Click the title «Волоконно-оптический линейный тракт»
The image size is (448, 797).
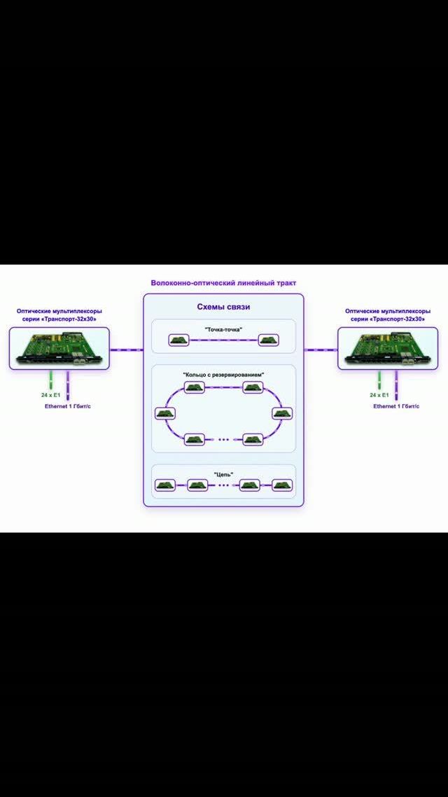(x=223, y=283)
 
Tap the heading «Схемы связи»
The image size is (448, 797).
(x=223, y=307)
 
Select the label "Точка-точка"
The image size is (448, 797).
(x=223, y=329)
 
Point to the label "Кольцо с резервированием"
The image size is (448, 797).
(x=223, y=375)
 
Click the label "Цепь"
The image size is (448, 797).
(x=223, y=474)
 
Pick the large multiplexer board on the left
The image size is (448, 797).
(x=59, y=348)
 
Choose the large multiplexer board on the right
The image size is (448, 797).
(x=388, y=348)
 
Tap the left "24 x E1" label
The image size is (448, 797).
(x=51, y=395)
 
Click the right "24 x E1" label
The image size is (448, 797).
(x=379, y=395)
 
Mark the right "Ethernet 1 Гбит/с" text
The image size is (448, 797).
(x=397, y=407)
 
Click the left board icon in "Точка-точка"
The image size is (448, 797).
(x=178, y=340)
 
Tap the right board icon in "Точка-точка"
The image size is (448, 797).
(x=268, y=340)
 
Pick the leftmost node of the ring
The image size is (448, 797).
(x=165, y=413)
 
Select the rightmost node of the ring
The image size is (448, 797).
(x=282, y=413)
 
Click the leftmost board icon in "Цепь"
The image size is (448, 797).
(x=165, y=485)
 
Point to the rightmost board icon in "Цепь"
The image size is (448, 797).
(x=282, y=485)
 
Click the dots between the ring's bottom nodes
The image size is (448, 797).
(x=223, y=440)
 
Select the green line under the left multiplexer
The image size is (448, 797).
(x=51, y=380)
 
